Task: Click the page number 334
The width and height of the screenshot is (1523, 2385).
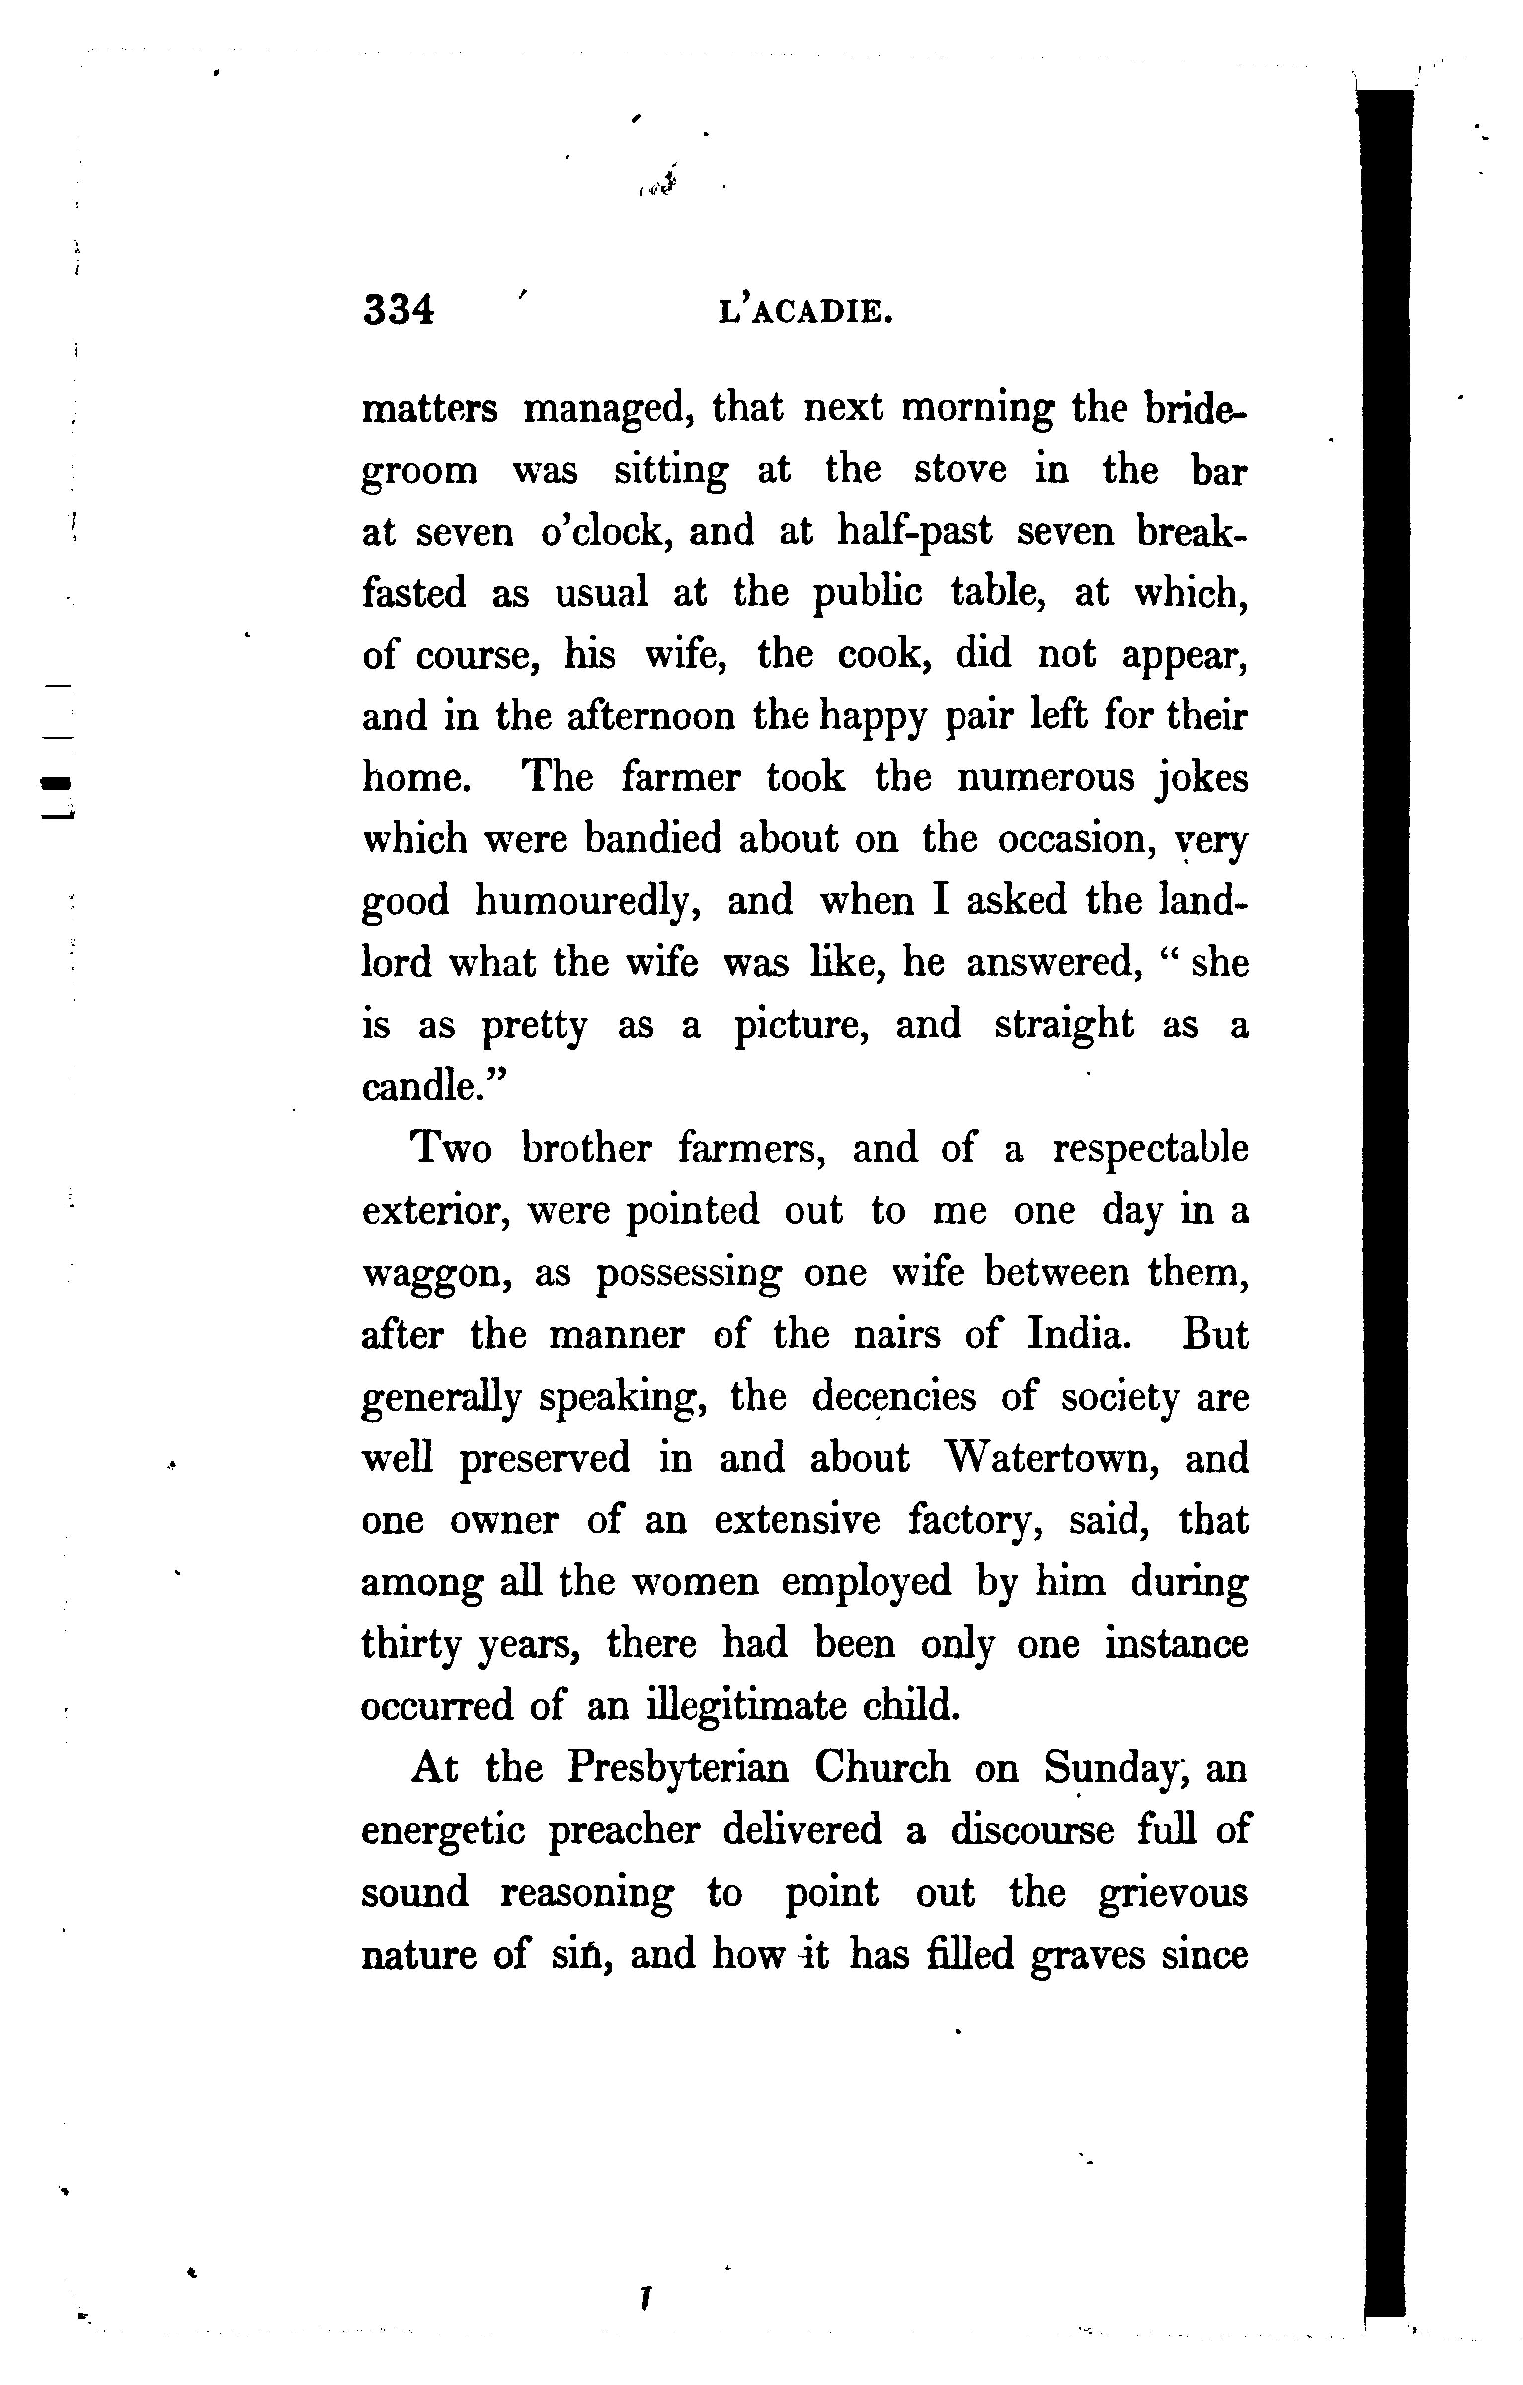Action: [398, 311]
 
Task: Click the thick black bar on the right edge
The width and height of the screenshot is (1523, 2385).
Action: [1386, 1189]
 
